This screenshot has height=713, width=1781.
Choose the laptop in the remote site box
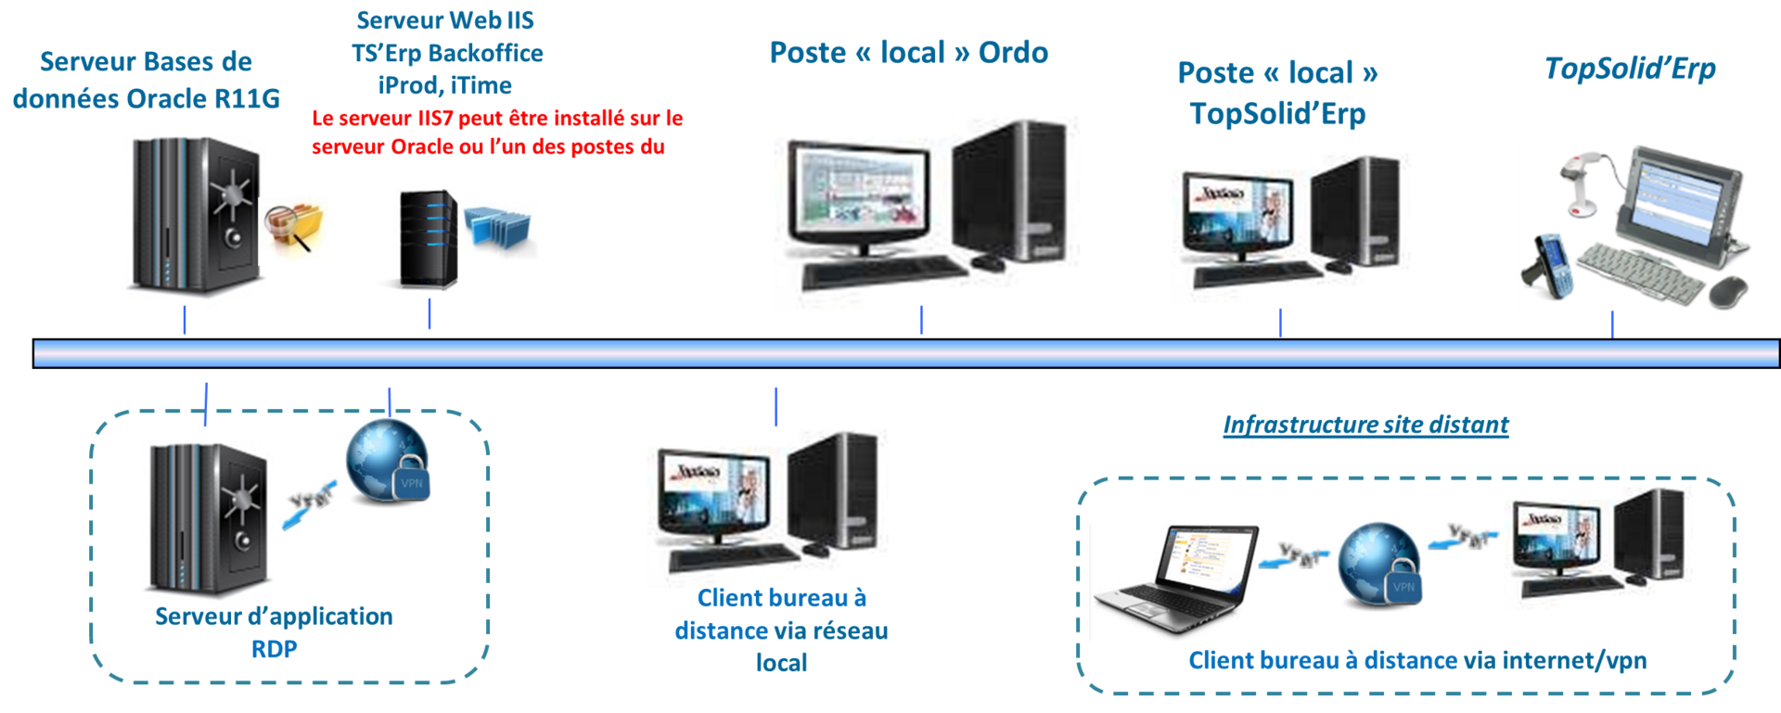pos(1174,579)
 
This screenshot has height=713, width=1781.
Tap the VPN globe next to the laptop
pos(1379,565)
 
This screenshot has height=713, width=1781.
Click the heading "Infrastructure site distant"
pos(1365,426)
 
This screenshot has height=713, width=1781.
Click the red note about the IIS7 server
pos(496,132)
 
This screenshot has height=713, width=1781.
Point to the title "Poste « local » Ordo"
pos(909,53)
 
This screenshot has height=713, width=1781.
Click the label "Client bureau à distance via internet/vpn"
pos(1417,660)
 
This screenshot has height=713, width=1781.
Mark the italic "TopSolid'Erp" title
pos(1630,69)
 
